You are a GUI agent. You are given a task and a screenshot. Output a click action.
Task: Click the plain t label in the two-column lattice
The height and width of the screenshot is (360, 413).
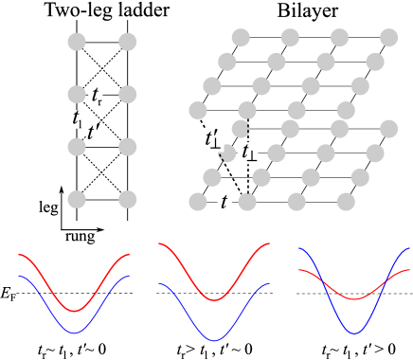77,119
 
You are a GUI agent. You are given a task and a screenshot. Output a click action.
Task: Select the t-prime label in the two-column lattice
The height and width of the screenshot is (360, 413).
92,132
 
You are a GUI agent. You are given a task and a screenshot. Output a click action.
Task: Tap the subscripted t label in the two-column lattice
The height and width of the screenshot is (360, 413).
96,95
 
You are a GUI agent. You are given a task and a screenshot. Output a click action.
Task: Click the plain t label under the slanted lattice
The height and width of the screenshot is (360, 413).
224,202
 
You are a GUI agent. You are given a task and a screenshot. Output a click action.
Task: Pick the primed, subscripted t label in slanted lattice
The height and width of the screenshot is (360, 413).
212,140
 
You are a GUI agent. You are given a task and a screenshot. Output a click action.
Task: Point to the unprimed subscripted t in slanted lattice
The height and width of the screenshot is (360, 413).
247,153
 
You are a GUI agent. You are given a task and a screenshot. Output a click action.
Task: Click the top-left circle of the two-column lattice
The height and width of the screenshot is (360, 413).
77,42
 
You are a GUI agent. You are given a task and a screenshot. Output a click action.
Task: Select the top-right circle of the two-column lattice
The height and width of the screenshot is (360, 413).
128,42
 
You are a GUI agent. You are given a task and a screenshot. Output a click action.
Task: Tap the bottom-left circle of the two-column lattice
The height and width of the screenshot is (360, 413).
77,199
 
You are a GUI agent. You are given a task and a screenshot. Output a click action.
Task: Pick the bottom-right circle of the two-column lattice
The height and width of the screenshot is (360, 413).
128,199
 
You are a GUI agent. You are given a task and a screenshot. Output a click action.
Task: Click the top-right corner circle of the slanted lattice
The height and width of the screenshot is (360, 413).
388,38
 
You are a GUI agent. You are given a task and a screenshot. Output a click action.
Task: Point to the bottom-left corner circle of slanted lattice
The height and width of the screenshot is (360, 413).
198,202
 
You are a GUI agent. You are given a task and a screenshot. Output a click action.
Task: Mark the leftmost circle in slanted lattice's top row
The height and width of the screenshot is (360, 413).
241,38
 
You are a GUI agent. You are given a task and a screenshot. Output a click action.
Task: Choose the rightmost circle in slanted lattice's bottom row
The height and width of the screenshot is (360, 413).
346,202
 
